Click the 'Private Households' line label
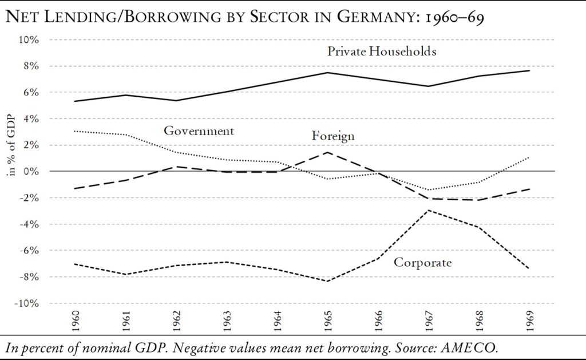tap(382, 52)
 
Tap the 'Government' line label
tap(199, 131)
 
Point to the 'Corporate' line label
tap(423, 263)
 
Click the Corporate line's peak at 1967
tap(427, 210)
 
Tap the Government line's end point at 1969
tap(528, 157)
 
